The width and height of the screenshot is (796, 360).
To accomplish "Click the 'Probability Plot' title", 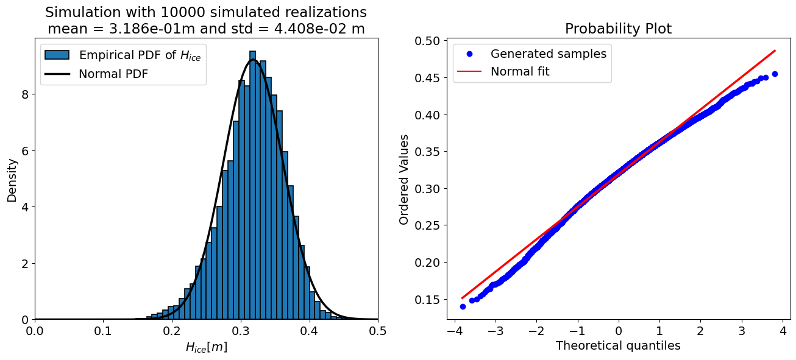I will pos(618,29).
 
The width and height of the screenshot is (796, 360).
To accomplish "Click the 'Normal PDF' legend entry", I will pos(113,74).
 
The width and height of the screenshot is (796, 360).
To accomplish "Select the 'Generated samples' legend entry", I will pos(548,54).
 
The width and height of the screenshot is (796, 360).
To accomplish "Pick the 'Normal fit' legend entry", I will pos(520,71).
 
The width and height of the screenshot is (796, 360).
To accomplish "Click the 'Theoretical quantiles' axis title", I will pos(618,345).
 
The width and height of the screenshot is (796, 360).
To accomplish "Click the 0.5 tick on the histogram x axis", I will pos(378,331).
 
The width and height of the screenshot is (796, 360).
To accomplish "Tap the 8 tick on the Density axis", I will pos(25,94).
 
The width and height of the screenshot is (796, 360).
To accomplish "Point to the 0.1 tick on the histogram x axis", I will pos(104,331).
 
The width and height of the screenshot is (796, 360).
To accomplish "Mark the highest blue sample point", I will pos(775,74).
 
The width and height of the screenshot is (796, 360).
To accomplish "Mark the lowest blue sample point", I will pos(463,306).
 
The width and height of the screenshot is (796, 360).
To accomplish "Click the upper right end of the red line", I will pos(775,51).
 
